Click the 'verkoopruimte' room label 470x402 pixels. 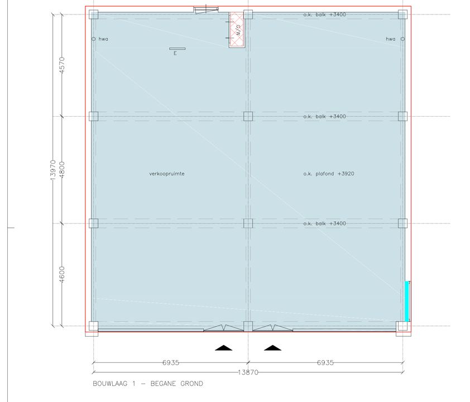pos(167,174)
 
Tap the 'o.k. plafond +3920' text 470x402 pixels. pos(329,174)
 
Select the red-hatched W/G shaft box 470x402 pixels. pos(237,30)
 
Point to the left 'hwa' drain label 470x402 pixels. pos(103,39)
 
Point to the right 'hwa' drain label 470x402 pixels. pos(391,39)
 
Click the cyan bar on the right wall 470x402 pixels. pos(407,301)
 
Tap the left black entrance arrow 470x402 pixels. pos(224,348)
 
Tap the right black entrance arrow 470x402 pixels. pos(273,348)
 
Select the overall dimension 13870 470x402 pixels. pos(248,372)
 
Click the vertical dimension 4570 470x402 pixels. pos(63,66)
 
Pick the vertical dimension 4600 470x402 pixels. pos(63,275)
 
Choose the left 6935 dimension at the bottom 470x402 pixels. pos(171,362)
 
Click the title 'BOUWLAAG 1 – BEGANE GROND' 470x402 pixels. pos(148,384)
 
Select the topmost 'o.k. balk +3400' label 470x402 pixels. pos(324,15)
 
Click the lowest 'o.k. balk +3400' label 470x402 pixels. pos(324,223)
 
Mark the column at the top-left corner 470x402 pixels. pos(93,15)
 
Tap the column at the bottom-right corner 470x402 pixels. pos(402,327)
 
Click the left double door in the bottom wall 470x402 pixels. pos(223,328)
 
